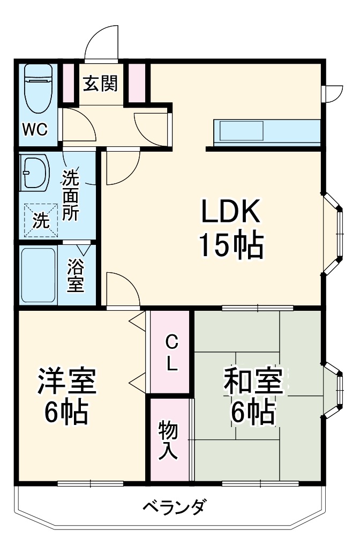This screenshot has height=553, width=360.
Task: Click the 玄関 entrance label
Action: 100,84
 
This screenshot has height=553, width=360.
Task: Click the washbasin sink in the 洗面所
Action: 34,173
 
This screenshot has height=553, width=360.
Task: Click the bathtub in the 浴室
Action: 39,275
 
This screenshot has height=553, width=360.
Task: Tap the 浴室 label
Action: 76,276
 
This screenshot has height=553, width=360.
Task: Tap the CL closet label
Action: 170,353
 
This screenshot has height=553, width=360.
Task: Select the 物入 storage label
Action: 169,440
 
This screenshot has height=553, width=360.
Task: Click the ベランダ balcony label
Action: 174,506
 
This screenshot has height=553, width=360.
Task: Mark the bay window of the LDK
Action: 335,233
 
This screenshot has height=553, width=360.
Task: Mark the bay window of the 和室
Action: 335,388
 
